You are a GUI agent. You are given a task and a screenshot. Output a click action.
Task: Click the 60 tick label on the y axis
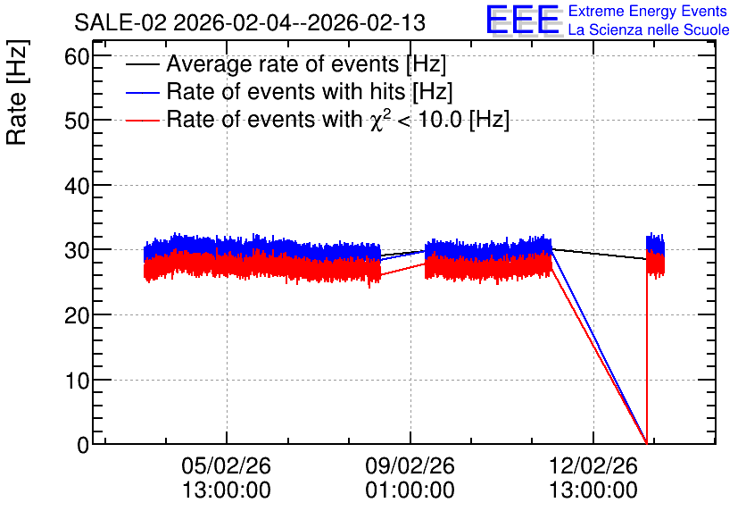pos(77,57)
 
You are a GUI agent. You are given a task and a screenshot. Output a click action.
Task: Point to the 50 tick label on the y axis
pos(77,121)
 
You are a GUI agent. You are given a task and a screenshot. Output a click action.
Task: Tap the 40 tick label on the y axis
pos(77,186)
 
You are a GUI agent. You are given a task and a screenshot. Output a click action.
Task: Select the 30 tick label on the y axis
pos(77,250)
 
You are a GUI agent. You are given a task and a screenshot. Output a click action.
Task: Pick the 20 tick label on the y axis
pos(77,315)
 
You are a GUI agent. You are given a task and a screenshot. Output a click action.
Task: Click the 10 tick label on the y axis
pos(77,381)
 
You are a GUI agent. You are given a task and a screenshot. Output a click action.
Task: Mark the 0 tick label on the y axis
pos(83,445)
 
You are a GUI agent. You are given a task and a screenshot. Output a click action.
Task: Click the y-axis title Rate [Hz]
pos(17,92)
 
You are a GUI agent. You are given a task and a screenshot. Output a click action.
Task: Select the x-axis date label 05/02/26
pos(226,465)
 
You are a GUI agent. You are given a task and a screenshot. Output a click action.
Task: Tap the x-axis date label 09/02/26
pos(410,465)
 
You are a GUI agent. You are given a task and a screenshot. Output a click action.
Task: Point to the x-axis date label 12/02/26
pos(593,465)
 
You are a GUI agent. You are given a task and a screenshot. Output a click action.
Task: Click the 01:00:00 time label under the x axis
pos(410,490)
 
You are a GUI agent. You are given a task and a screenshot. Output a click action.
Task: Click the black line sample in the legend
pos(142,64)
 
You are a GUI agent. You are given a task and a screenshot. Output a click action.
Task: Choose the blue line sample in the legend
pos(142,92)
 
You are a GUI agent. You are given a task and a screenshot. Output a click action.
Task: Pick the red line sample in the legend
pos(142,120)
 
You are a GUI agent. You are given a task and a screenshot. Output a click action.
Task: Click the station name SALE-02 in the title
pos(120,23)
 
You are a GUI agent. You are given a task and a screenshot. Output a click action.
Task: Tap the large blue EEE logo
pos(524,20)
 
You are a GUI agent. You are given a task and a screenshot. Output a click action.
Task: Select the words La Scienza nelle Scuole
pos(649,30)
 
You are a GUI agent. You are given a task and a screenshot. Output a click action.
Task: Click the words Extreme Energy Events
pos(648,11)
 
